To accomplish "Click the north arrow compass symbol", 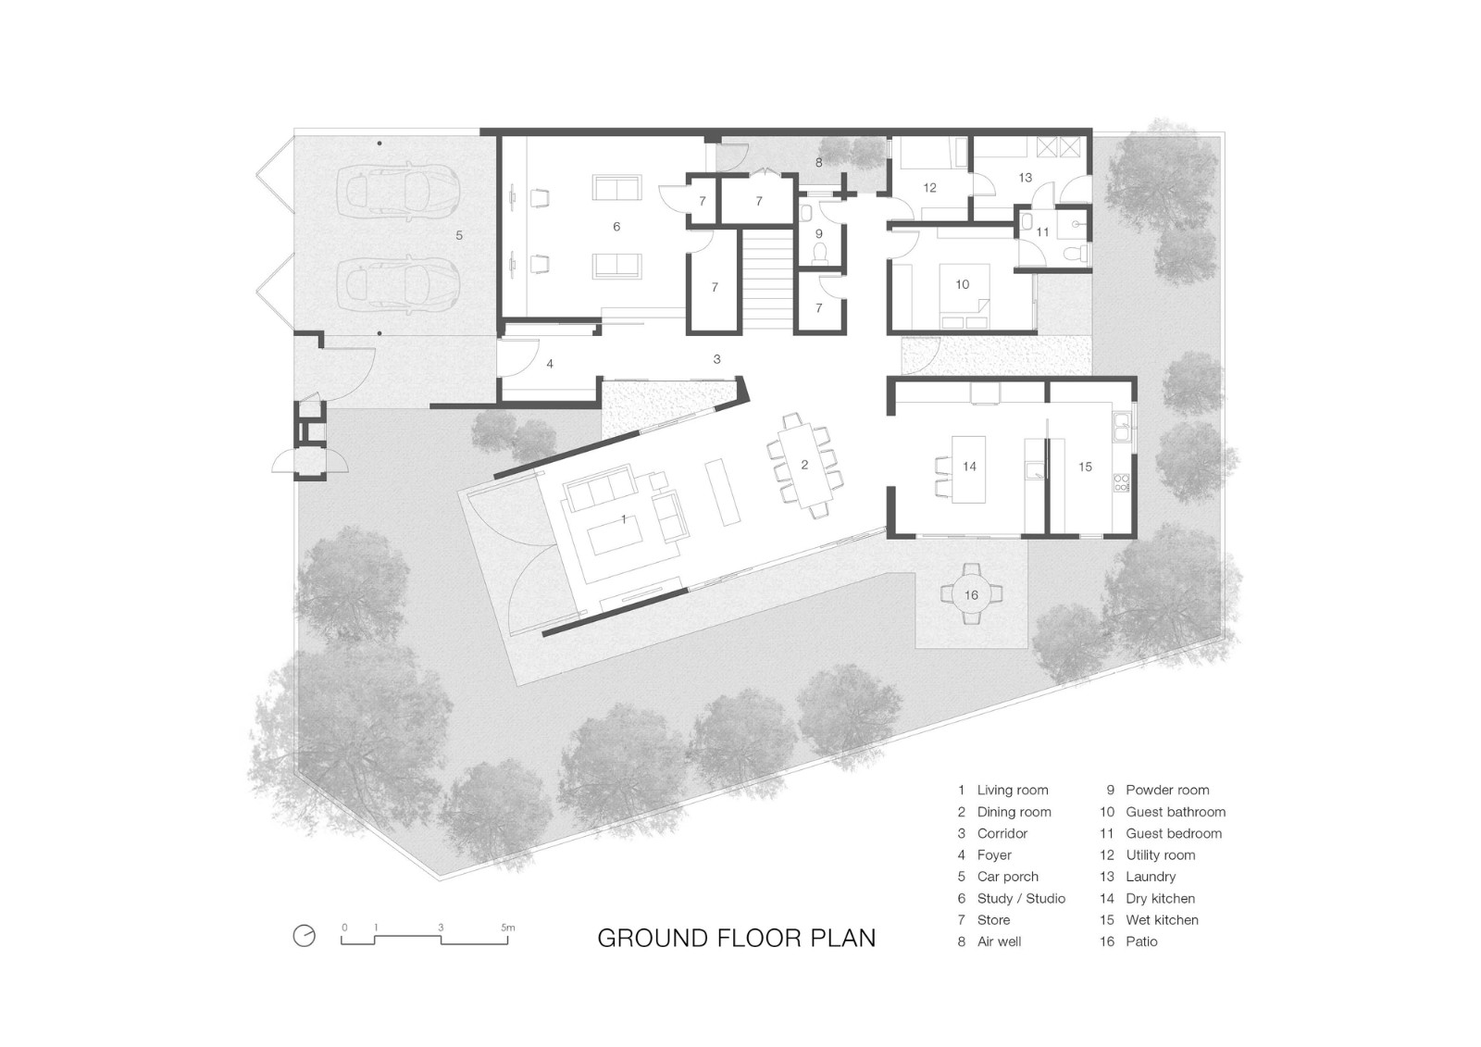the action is click(x=305, y=935).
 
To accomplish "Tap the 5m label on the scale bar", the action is click(x=508, y=928).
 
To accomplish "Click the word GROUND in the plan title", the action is click(x=653, y=938).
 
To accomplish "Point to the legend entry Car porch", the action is click(x=998, y=877).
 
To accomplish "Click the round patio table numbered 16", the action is click(x=971, y=594).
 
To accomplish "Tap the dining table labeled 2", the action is click(x=805, y=466).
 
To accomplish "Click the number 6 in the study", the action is click(x=616, y=227).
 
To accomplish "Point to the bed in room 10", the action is click(x=965, y=295).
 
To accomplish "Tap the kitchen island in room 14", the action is click(x=968, y=468).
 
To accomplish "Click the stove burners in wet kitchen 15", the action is click(x=1122, y=482).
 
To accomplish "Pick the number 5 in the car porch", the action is click(x=459, y=235).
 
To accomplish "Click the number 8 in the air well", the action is click(x=818, y=162).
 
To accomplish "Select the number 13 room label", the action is click(x=1025, y=177).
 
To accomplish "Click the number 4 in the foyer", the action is click(x=550, y=364).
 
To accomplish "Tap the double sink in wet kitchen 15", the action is click(x=1122, y=427).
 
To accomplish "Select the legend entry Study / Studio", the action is click(x=1012, y=898).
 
